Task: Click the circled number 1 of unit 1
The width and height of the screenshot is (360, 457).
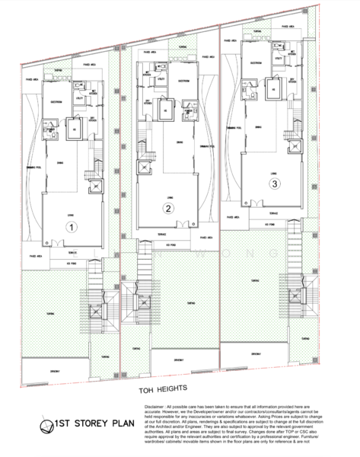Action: pyautogui.click(x=68, y=226)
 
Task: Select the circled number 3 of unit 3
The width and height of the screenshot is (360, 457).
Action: pyautogui.click(x=274, y=183)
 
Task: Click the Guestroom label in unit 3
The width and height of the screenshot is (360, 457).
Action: pyautogui.click(x=256, y=62)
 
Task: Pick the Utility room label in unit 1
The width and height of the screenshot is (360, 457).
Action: pyautogui.click(x=79, y=98)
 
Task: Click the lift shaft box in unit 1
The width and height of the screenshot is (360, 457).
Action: pyautogui.click(x=94, y=186)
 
